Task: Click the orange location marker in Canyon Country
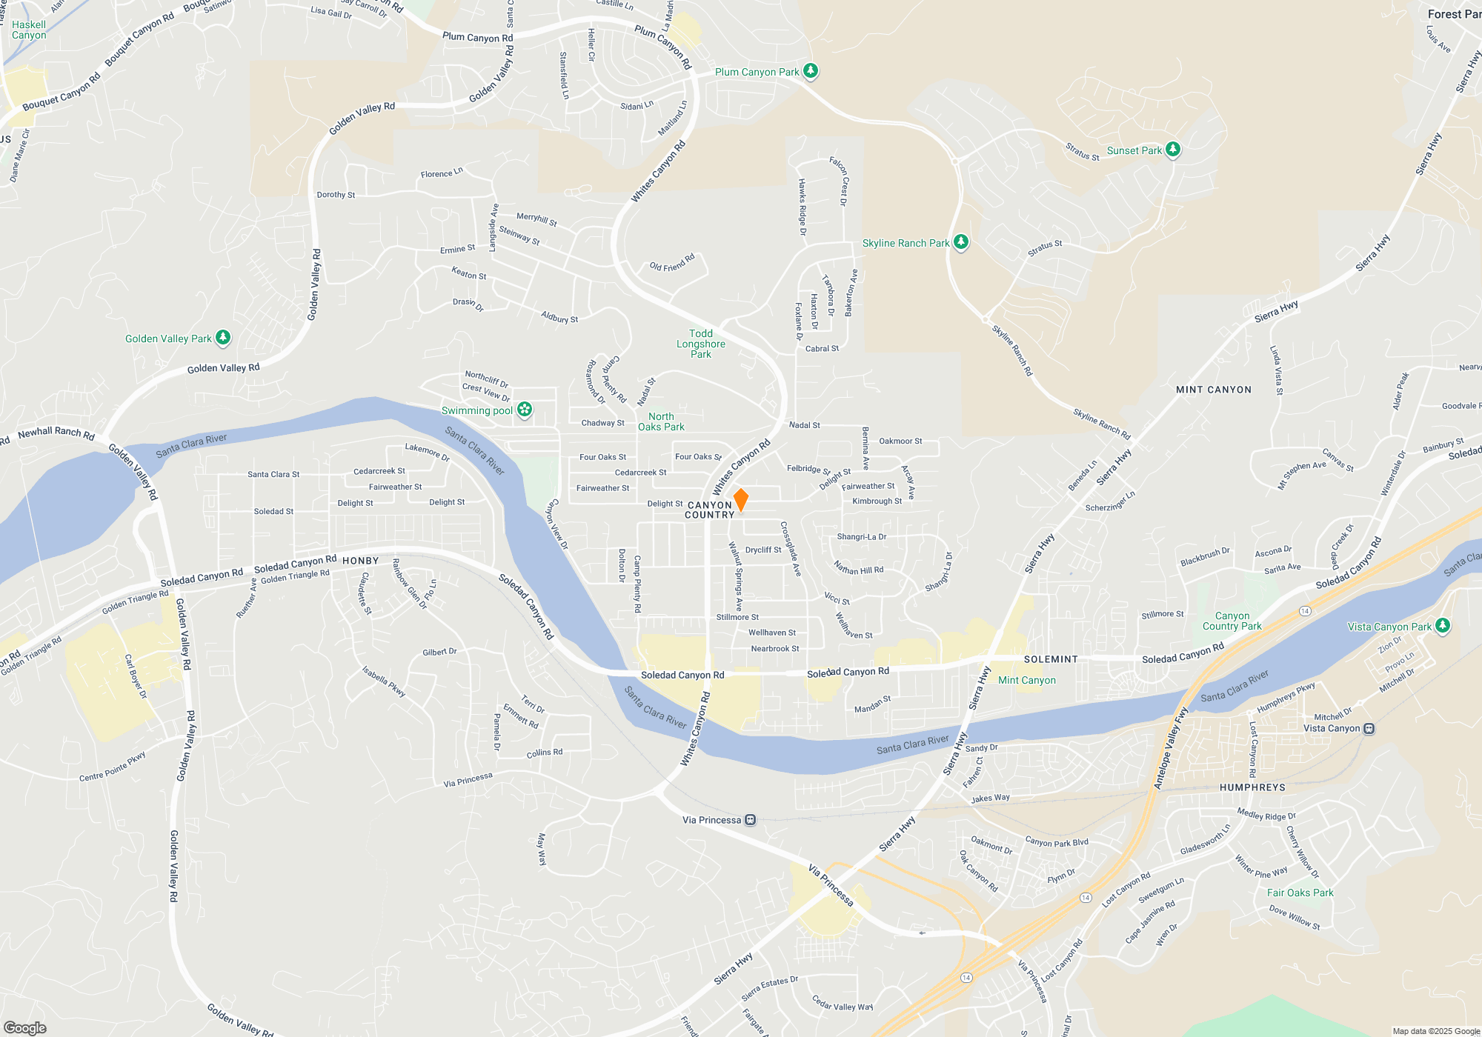pos(740,499)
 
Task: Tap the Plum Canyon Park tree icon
pos(811,71)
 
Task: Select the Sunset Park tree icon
pos(1172,150)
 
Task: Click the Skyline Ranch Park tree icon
pos(960,242)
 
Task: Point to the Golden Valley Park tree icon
pos(222,338)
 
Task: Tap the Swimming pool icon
pos(525,410)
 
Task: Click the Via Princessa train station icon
pos(751,820)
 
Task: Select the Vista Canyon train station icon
pos(1369,728)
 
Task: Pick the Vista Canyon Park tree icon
pos(1442,626)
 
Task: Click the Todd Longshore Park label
pos(700,344)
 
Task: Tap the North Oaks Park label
pos(661,421)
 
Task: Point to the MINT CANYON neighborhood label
pos(1213,390)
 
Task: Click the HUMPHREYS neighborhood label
pos(1252,787)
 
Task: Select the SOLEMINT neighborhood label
pos(1051,659)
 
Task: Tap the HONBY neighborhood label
pos(361,561)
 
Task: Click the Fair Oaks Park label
pos(1300,893)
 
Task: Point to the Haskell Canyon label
pos(29,30)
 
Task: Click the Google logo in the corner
pos(25,1028)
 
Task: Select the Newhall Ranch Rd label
pos(56,433)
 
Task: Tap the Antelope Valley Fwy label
pos(1170,748)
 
